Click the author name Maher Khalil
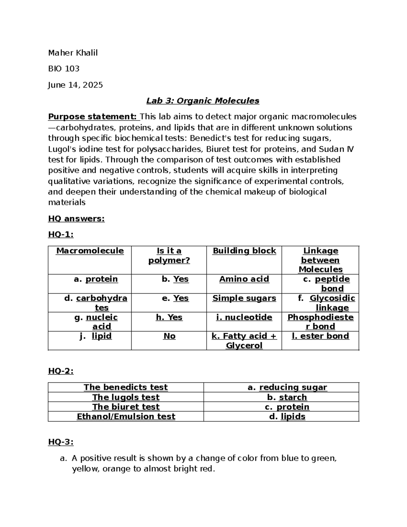click(73, 53)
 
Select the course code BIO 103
click(63, 69)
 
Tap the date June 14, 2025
click(75, 85)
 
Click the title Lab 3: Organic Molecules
click(202, 101)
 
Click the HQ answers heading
click(76, 219)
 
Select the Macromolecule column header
click(90, 251)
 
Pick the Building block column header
click(244, 251)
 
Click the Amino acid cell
click(244, 279)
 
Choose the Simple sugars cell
click(244, 298)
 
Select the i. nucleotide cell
click(244, 317)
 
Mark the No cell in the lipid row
click(169, 336)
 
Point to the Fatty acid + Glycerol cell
click(244, 341)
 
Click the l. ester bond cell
click(320, 336)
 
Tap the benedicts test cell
click(125, 388)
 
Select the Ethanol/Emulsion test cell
click(126, 417)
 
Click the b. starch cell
click(287, 397)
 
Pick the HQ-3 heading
click(61, 442)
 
